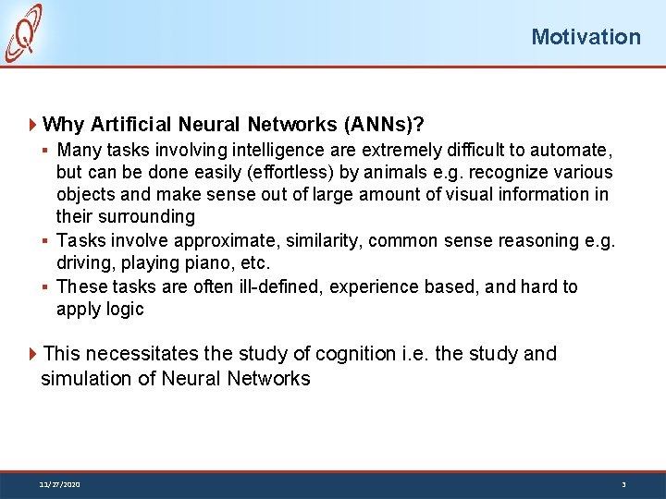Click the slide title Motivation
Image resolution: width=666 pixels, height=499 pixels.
[x=585, y=37]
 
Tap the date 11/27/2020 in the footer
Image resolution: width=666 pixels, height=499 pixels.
[x=59, y=484]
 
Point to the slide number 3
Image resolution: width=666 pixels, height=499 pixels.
[x=623, y=484]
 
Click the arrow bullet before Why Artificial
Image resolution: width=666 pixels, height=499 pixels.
[x=33, y=124]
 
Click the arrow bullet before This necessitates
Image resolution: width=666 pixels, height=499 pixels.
[x=33, y=354]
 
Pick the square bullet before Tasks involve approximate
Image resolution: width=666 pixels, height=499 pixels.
[x=46, y=241]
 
